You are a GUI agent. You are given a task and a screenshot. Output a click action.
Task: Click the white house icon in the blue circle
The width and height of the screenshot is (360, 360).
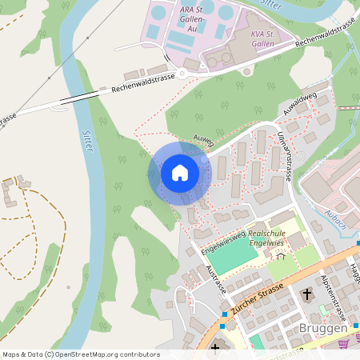[180, 172]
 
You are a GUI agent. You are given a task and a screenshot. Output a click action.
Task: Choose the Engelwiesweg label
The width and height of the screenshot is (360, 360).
[222, 237]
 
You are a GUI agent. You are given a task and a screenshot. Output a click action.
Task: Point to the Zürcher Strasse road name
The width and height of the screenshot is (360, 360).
[258, 298]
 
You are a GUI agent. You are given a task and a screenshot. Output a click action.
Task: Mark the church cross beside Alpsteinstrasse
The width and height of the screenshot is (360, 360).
[307, 295]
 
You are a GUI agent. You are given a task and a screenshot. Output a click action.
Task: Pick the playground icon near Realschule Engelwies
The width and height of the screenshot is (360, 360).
[281, 258]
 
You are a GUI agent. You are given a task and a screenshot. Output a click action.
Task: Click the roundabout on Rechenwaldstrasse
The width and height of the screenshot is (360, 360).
[183, 73]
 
